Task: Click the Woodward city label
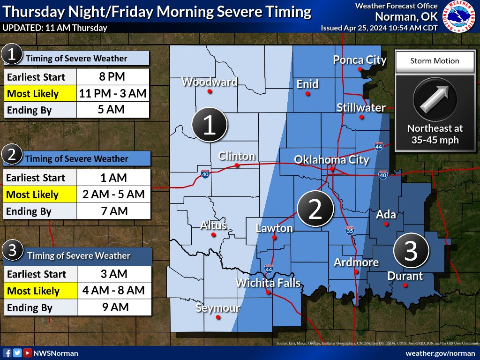click(209, 82)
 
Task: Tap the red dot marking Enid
click(307, 94)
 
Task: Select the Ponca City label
click(360, 60)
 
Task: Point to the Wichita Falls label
click(268, 283)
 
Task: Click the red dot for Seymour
click(218, 317)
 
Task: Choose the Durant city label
click(405, 276)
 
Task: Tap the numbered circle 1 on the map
click(210, 125)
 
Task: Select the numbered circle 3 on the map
click(411, 251)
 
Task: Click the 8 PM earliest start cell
click(112, 76)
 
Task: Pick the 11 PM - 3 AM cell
click(112, 94)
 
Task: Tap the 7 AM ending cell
click(112, 211)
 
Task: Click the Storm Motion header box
click(435, 61)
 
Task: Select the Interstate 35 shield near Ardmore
click(349, 231)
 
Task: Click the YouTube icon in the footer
click(28, 353)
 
